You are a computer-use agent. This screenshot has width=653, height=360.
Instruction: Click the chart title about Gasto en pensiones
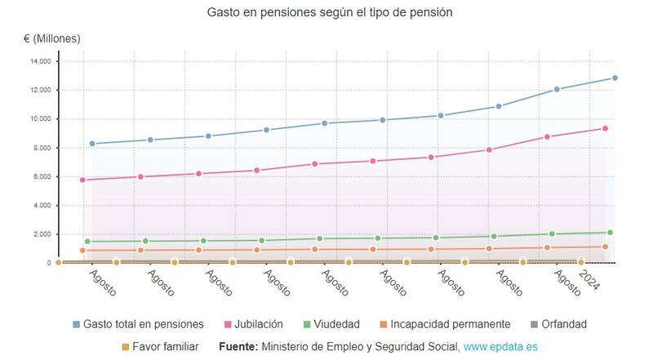point(329,13)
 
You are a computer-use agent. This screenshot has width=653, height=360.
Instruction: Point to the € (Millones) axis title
point(52,38)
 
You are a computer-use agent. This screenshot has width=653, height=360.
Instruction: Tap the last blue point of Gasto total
point(615,78)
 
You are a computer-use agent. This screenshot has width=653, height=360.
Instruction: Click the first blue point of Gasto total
point(92,144)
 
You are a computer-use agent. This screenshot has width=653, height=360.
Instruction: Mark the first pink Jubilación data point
point(83,180)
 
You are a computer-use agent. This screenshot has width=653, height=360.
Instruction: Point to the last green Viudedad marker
point(610,233)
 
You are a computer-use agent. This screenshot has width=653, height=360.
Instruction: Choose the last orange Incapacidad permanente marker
point(606,247)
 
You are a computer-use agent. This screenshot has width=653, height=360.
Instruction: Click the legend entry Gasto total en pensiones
point(138,324)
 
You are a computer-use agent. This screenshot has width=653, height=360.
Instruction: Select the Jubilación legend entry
point(254,324)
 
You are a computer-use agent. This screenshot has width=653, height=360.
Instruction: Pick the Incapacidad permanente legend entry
point(444,324)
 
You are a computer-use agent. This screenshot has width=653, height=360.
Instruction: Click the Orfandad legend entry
point(558,324)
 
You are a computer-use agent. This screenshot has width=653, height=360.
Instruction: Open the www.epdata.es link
point(500,347)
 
